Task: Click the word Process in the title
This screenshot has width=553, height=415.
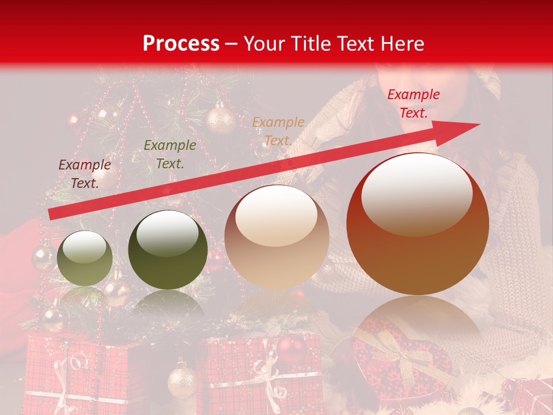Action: point(181,44)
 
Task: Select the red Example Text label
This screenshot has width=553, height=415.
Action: point(413,104)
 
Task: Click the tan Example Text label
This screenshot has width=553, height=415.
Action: point(278,131)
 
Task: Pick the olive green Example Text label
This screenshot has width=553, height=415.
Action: point(170,154)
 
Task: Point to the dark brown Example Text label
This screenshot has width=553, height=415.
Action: point(85,174)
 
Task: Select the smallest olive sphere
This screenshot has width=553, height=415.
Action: point(85,258)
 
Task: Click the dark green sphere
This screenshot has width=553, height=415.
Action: point(168,250)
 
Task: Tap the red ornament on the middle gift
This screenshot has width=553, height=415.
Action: point(291,349)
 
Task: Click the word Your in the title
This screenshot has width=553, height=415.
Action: point(266,44)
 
